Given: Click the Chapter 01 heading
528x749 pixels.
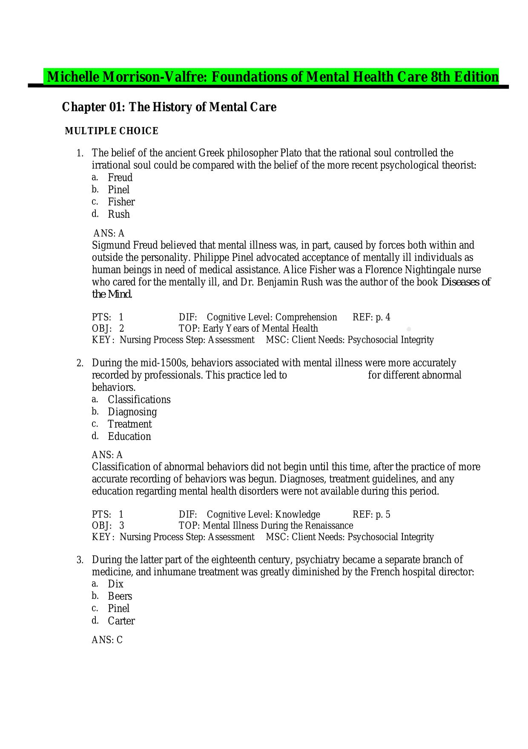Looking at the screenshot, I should coord(169,107).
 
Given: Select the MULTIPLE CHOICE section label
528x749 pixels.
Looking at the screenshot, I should coord(111,131).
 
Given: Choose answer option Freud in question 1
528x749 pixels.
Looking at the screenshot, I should coord(120,177).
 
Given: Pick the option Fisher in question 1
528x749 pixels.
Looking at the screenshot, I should coord(121,202).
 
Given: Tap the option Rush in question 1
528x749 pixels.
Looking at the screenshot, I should coord(118,214).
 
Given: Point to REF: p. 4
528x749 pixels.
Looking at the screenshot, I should coord(371,317).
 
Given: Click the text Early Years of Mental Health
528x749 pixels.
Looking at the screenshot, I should coord(260,328).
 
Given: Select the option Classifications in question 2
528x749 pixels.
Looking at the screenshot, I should coord(139,399).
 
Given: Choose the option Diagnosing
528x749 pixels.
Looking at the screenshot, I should coord(132,412).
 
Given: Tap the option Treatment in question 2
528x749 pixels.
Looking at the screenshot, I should coord(129,424).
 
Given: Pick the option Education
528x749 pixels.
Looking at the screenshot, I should coord(129,437).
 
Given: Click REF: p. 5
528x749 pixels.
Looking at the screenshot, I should coord(371,515).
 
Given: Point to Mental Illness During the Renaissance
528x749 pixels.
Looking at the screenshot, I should coord(278,526).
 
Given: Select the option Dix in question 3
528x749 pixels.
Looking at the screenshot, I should coord(115,584).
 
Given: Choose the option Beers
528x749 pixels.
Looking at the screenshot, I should coord(120,596).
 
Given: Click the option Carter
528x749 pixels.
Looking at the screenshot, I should coord(121,621).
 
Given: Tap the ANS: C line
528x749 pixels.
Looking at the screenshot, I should coord(107,640).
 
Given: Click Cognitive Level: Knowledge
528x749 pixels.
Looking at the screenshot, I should coord(263,515).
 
